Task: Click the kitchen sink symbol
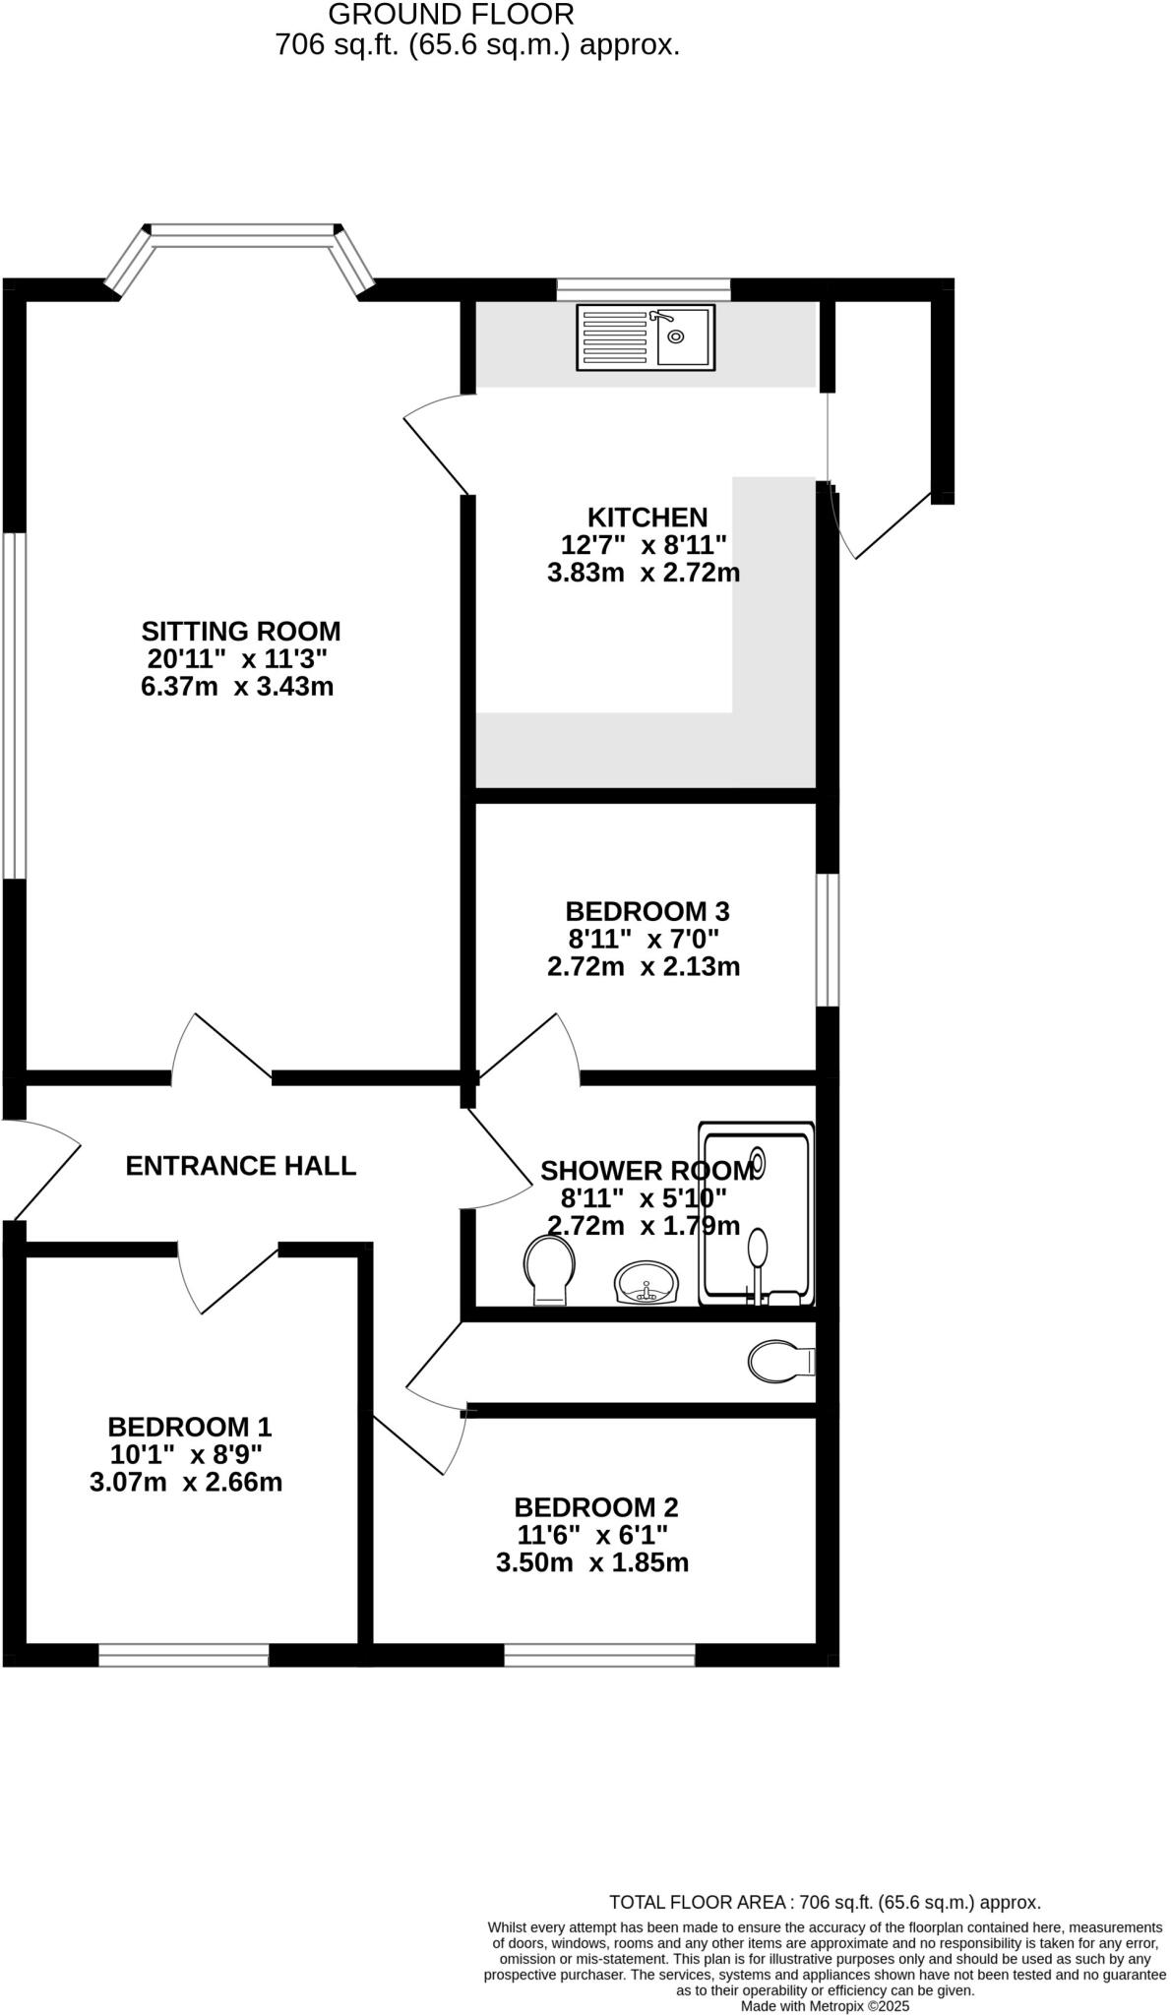[646, 337]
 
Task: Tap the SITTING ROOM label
[241, 631]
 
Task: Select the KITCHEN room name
[647, 518]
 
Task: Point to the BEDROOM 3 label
[647, 911]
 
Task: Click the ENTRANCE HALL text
[241, 1166]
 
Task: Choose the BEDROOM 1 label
[189, 1427]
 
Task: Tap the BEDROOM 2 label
[595, 1507]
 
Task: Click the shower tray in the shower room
[757, 1214]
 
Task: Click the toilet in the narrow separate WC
[781, 1362]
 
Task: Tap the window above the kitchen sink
[644, 289]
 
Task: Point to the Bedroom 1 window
[184, 1655]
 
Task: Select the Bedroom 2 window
[599, 1655]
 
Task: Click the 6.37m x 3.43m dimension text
[237, 686]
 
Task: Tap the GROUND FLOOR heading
[451, 14]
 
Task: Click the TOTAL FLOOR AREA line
[825, 1903]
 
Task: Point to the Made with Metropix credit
[825, 2005]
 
